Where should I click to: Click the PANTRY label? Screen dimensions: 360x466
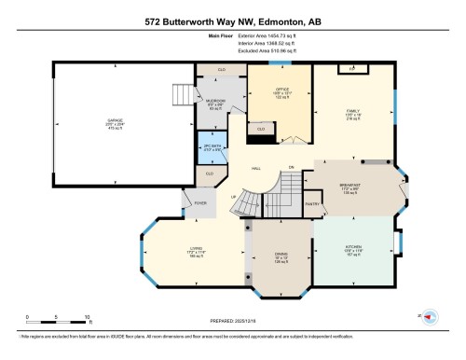click(312, 202)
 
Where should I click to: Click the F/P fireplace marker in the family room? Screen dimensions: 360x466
click(351, 69)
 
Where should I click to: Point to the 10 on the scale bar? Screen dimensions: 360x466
click(88, 317)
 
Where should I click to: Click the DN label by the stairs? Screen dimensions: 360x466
click(291, 168)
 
